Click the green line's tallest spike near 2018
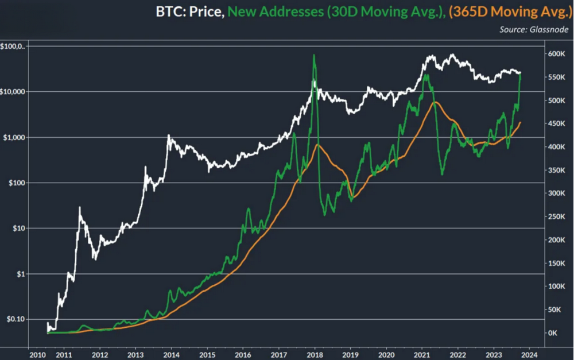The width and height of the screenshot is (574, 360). pos(314,55)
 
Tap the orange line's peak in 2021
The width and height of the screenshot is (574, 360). pos(436,102)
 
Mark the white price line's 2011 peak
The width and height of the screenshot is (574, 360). pos(80,207)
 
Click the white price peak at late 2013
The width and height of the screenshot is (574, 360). pos(169,136)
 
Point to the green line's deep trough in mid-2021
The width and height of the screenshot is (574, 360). pos(442,174)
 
